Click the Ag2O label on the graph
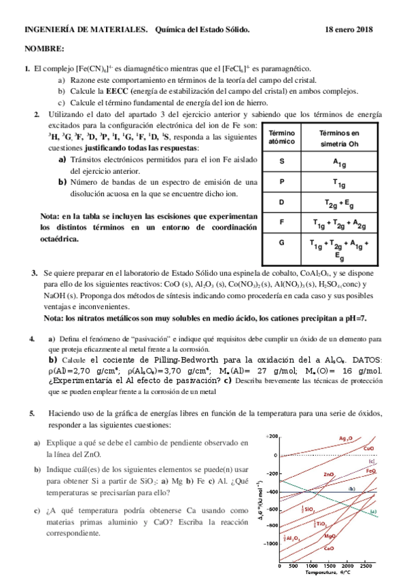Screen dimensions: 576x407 (345, 439)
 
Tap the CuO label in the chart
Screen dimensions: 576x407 (368, 448)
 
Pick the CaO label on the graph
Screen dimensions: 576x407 (329, 547)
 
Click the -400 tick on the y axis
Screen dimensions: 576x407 (272, 491)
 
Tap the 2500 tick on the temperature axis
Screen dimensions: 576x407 (366, 565)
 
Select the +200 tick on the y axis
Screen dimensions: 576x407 (272, 436)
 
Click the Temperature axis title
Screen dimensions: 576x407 (330, 573)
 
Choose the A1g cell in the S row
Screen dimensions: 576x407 (339, 162)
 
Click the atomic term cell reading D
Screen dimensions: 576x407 (281, 202)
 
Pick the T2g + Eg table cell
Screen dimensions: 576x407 (339, 202)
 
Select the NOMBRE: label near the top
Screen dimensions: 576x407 (44, 50)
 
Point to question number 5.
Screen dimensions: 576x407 (32, 413)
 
